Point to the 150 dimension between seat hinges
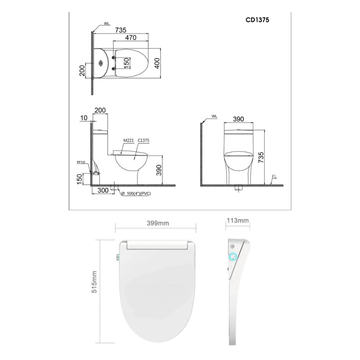point(126,63)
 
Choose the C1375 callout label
point(144,141)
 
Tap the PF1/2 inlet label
point(81,162)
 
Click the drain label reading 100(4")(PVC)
point(137,194)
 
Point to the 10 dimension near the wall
point(84,117)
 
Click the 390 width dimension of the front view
point(238,119)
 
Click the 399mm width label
point(158,223)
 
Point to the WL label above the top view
point(107,23)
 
